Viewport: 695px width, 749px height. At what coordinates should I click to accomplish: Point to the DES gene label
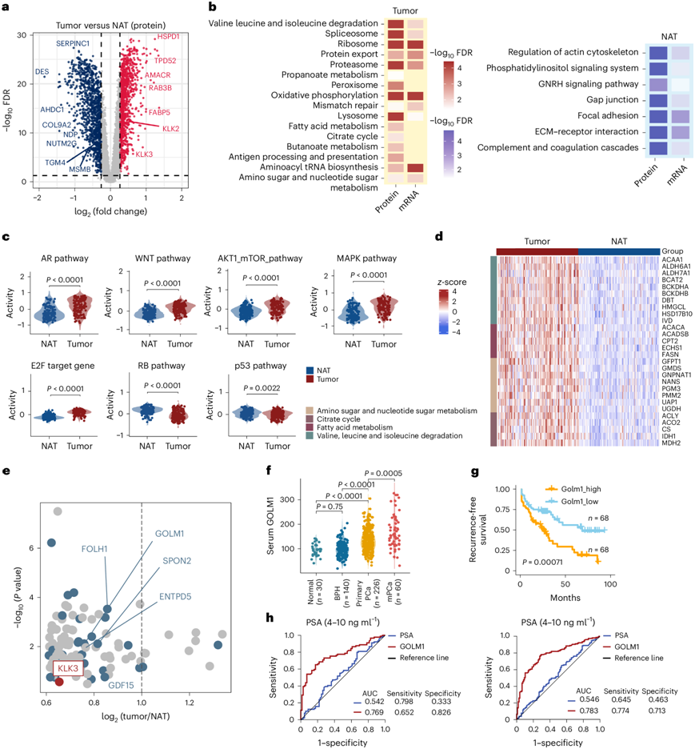(x=42, y=72)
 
